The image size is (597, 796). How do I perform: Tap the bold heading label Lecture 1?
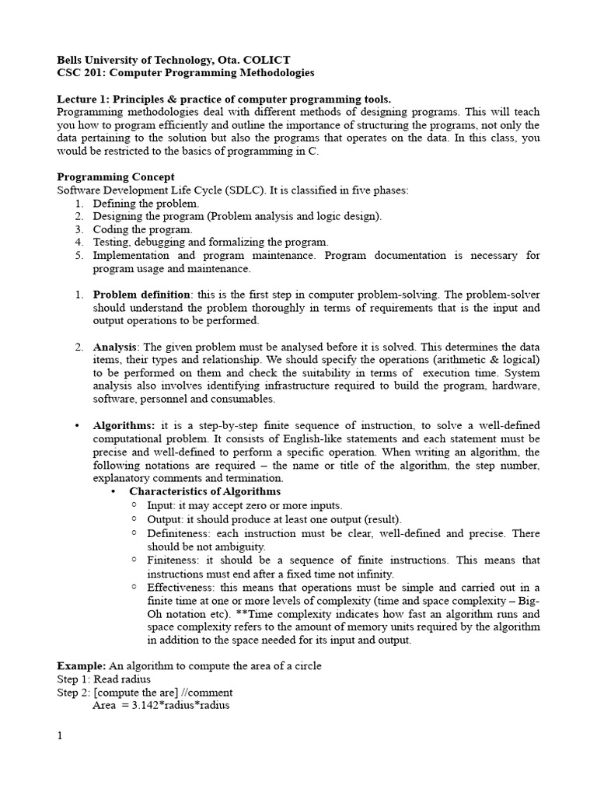[x=84, y=99]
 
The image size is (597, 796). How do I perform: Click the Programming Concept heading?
[x=116, y=176]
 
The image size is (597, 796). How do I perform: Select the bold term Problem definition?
[x=141, y=295]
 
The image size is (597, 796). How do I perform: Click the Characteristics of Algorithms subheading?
[x=204, y=492]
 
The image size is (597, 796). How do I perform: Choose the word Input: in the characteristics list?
[x=162, y=505]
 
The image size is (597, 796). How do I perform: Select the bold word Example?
[x=82, y=666]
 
